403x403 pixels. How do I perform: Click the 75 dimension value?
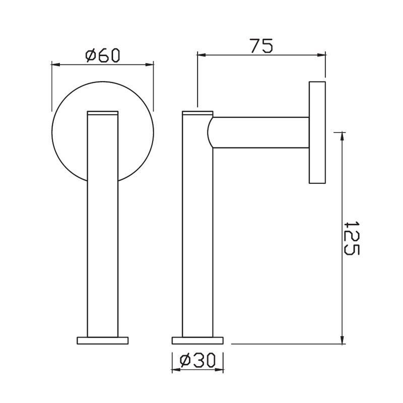261,46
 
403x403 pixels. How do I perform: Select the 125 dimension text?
351,238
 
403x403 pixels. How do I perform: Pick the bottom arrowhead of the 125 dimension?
343,340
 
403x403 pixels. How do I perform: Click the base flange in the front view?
103,340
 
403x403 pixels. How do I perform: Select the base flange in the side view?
197,340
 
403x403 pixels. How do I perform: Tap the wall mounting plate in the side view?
317,132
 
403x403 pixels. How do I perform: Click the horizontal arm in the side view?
262,132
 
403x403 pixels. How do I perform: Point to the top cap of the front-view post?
103,113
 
